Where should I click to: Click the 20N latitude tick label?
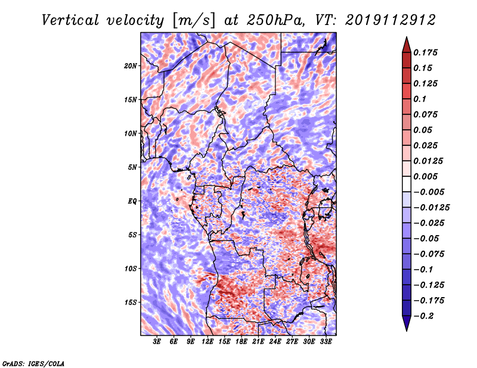click(x=131, y=66)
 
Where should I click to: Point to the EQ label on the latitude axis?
click(x=132, y=201)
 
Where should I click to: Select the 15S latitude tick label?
click(x=131, y=302)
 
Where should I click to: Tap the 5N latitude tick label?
click(x=132, y=167)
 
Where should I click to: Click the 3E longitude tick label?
click(x=157, y=342)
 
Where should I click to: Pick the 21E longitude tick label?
click(x=258, y=342)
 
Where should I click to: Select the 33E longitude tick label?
click(x=326, y=342)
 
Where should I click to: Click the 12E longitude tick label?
click(x=207, y=342)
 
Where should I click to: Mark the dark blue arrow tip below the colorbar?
click(x=406, y=326)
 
